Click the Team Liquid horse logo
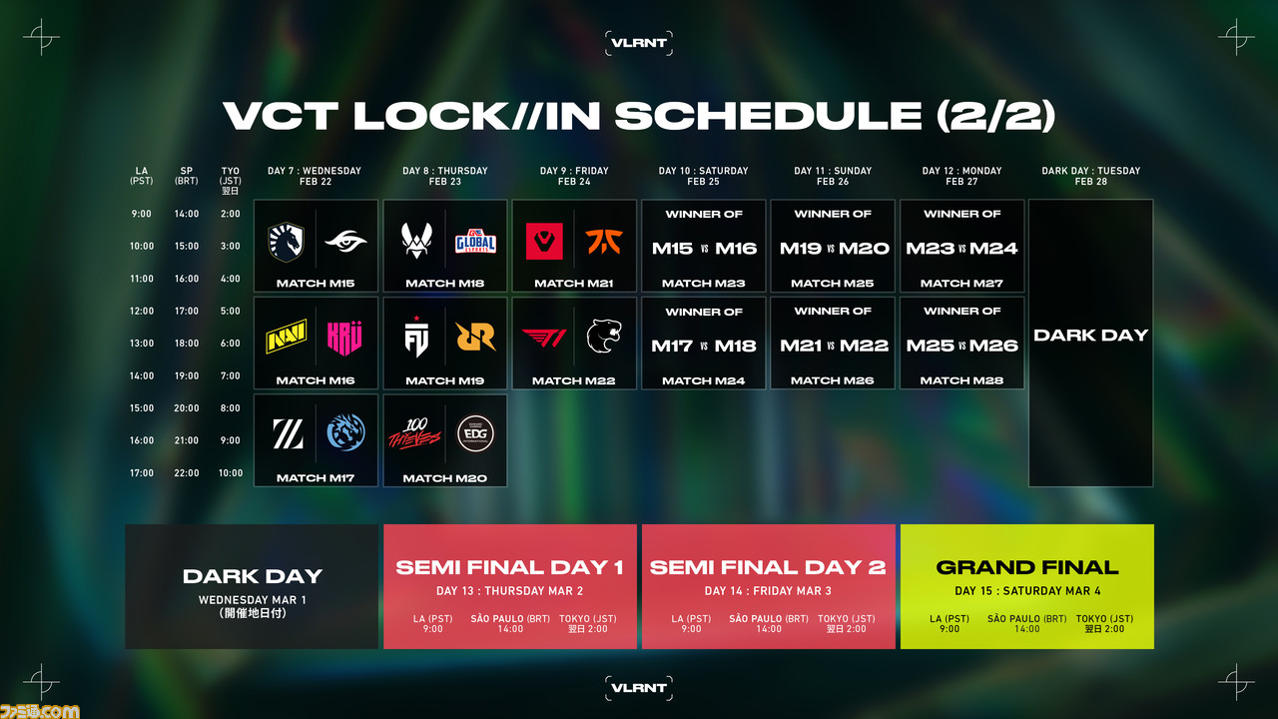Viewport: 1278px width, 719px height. (286, 242)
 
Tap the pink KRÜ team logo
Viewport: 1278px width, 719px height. (344, 338)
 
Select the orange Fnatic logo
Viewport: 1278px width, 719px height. (604, 241)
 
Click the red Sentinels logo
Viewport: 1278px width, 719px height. (544, 241)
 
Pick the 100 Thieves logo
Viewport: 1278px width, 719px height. (414, 433)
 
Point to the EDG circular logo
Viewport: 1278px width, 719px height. (475, 433)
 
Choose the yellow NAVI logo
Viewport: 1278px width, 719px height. (286, 337)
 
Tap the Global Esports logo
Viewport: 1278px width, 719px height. (475, 241)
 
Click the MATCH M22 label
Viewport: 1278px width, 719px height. (573, 380)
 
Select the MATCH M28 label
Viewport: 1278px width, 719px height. (961, 380)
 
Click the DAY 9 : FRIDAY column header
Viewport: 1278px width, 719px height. (574, 171)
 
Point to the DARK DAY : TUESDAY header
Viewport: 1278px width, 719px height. (1091, 171)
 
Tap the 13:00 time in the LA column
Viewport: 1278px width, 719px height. (142, 343)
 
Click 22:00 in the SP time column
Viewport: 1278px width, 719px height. (187, 472)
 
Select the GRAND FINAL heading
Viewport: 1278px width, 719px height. (1027, 567)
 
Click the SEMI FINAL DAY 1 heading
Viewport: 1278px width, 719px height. (509, 567)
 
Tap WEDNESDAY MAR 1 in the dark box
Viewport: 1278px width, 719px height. (253, 600)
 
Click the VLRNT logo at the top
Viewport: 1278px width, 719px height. (638, 43)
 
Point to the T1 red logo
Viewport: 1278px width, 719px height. (544, 338)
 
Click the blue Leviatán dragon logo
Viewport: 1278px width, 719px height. (345, 432)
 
